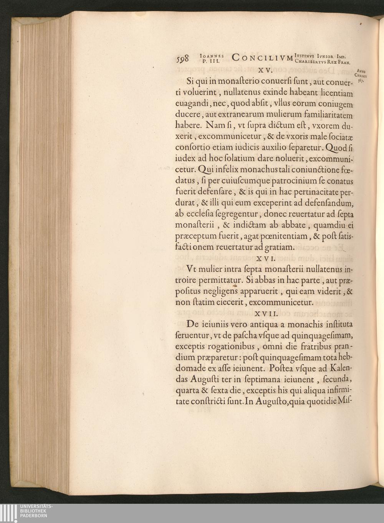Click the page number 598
point(183,58)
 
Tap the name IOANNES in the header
point(212,55)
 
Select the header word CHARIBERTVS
point(311,60)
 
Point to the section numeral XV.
point(265,71)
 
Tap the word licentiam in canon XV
point(334,93)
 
